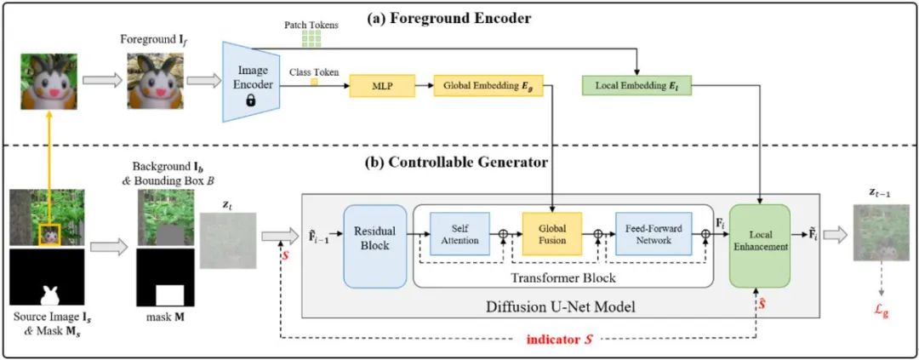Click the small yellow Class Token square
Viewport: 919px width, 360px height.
(x=313, y=81)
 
